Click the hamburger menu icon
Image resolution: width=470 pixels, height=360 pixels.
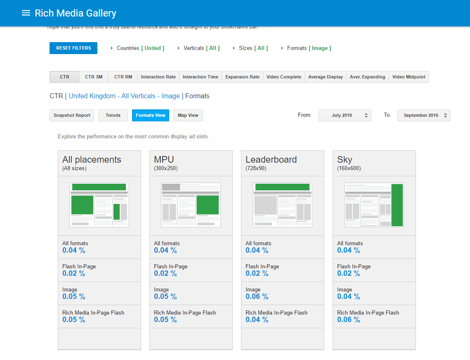26,13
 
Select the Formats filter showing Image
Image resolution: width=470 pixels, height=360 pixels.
309,48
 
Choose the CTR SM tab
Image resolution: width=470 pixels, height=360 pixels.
94,77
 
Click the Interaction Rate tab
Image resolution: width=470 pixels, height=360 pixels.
158,77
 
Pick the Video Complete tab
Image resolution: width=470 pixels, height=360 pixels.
284,77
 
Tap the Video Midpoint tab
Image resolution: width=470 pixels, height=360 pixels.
409,77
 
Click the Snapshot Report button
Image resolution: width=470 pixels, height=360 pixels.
72,116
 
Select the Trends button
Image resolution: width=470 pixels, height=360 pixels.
113,116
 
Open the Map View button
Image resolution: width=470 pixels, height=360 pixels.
188,116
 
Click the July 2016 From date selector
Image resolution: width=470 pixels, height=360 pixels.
345,116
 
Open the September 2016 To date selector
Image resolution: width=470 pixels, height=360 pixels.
424,116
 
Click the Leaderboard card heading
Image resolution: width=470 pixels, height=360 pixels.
271,160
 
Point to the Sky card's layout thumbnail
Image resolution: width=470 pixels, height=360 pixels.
374,205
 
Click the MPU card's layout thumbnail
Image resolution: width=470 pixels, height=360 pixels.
191,205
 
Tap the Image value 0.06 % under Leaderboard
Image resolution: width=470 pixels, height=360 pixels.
257,297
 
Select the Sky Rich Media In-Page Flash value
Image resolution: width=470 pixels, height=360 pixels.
348,320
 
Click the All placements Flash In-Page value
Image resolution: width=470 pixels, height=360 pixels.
74,274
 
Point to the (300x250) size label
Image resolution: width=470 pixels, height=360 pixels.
166,168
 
